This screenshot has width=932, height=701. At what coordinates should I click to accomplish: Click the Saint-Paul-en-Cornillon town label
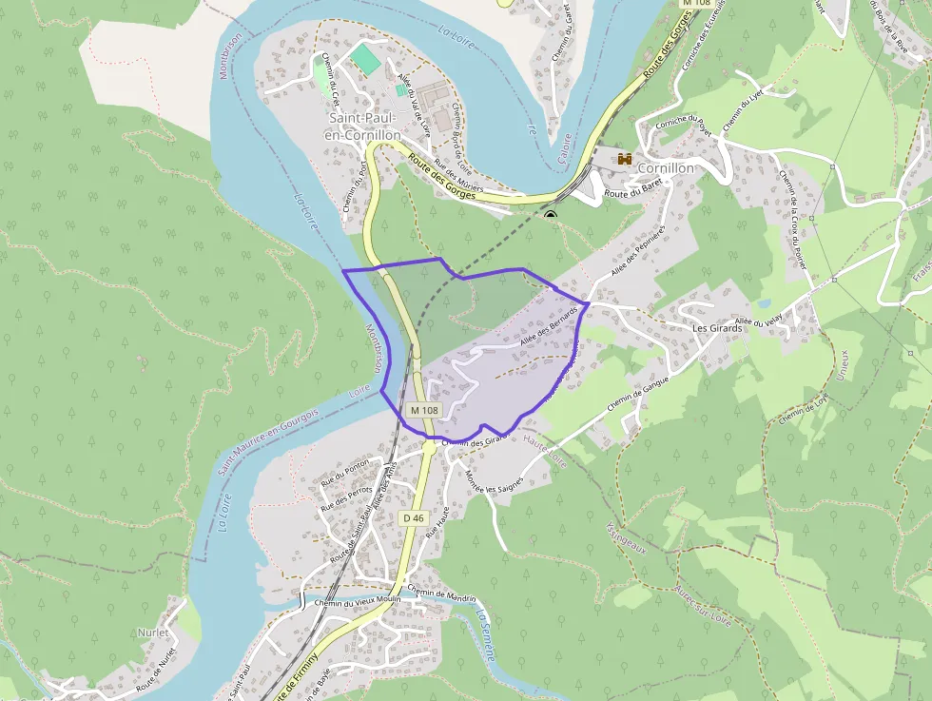(364, 127)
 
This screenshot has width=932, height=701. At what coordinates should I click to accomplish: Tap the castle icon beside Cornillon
(626, 159)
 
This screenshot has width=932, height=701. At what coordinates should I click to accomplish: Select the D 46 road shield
(413, 517)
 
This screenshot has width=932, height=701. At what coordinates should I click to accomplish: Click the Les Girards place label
(716, 328)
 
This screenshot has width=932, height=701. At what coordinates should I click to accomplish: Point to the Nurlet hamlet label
(153, 633)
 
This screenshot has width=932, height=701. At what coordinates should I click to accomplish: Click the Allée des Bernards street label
(550, 325)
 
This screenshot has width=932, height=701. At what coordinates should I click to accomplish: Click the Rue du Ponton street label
(345, 466)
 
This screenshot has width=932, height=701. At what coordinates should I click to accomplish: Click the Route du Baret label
(632, 193)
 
